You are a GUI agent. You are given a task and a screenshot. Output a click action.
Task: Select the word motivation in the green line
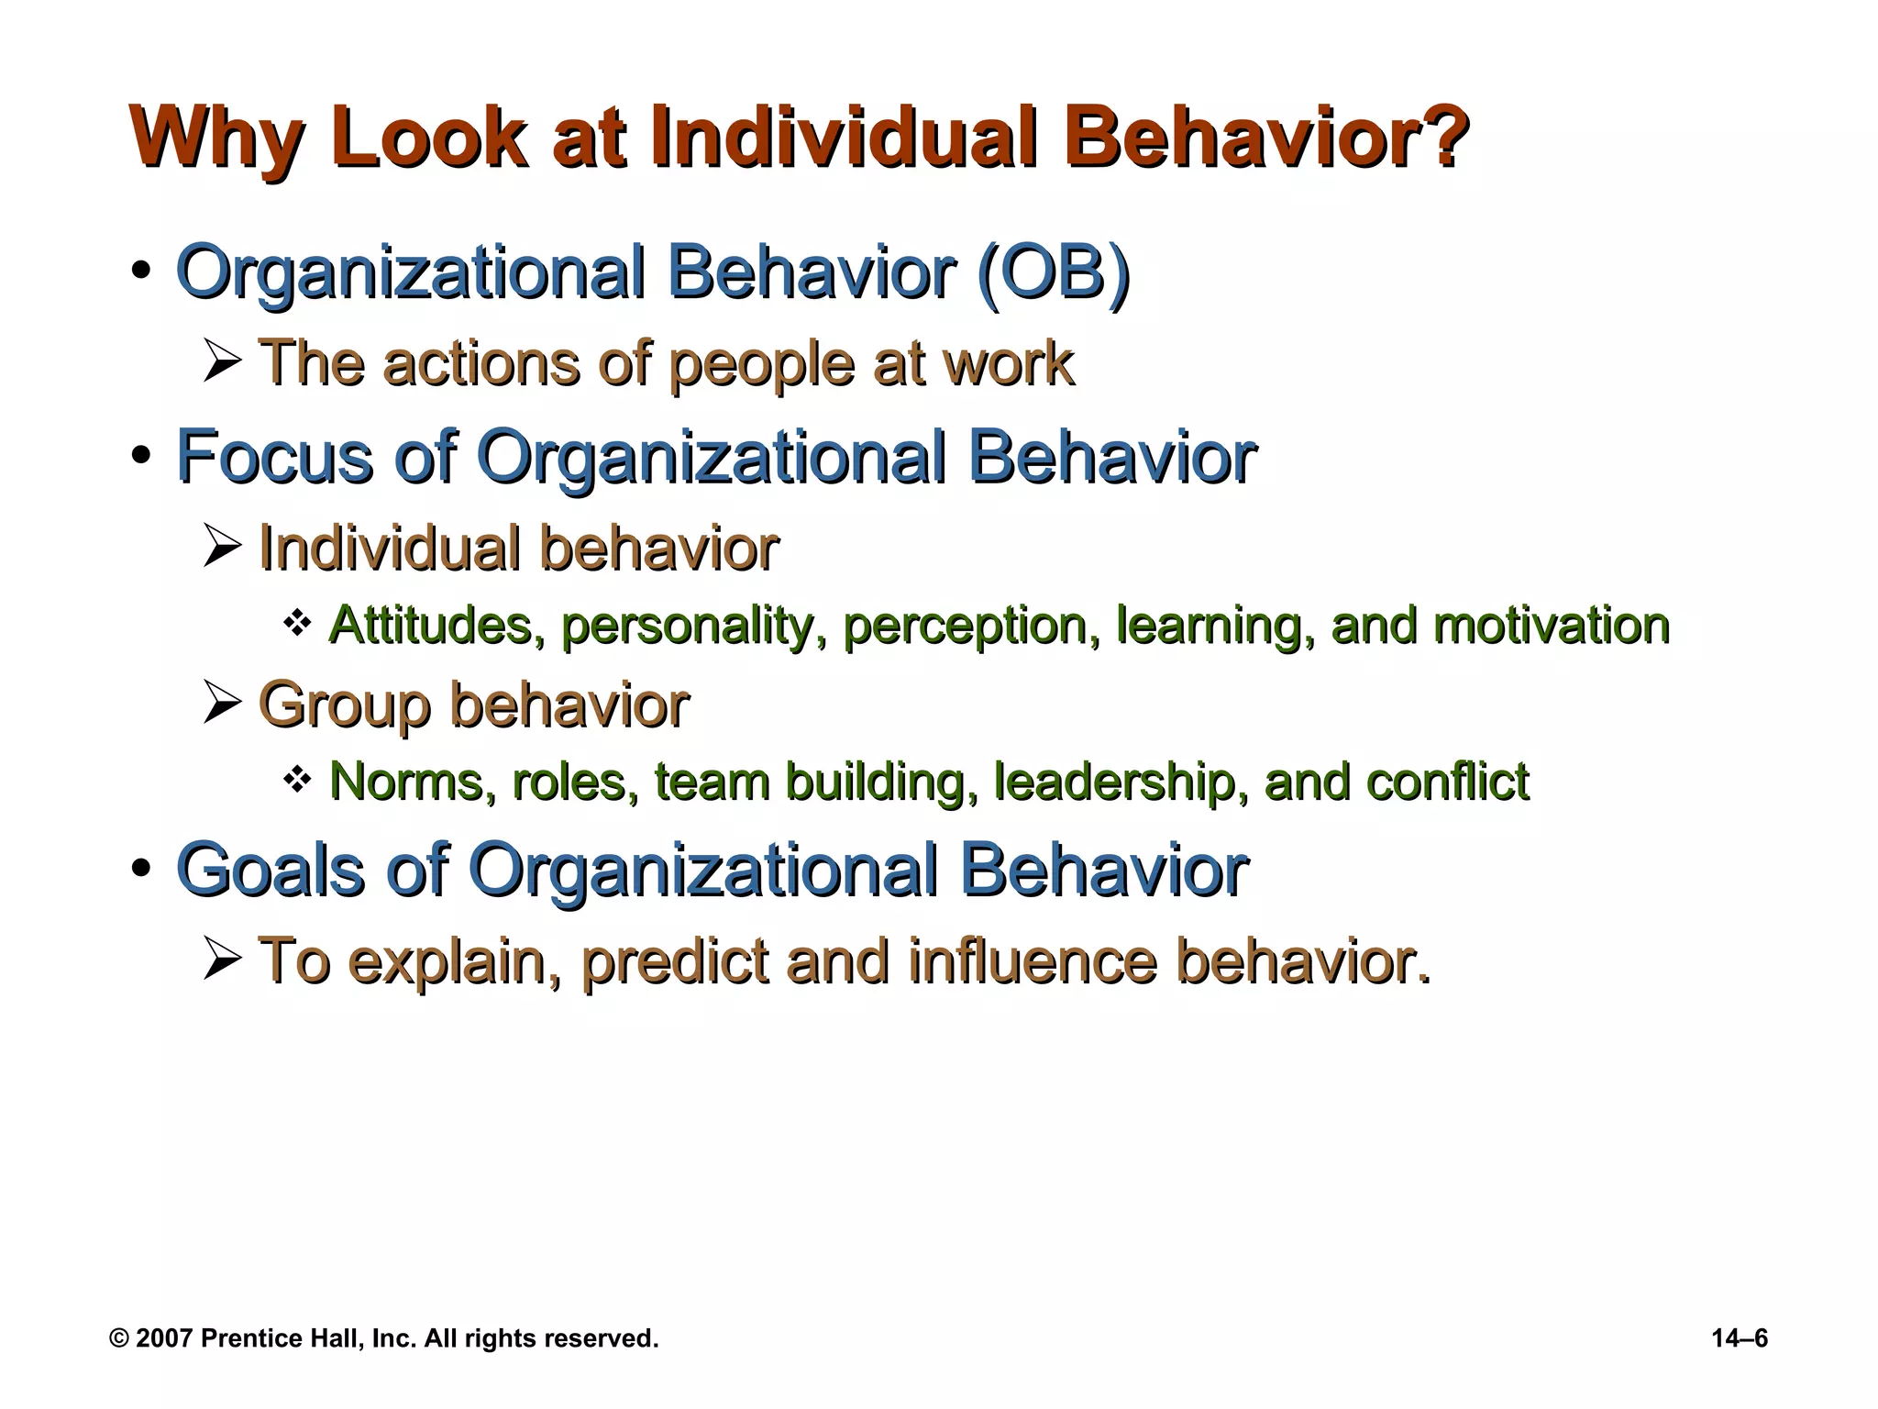1551,626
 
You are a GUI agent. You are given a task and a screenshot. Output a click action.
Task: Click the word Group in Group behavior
344,706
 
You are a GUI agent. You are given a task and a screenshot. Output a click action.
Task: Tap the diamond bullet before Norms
297,781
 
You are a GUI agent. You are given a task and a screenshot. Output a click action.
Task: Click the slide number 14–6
1740,1338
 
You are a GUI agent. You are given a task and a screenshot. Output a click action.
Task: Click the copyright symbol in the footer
119,1338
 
